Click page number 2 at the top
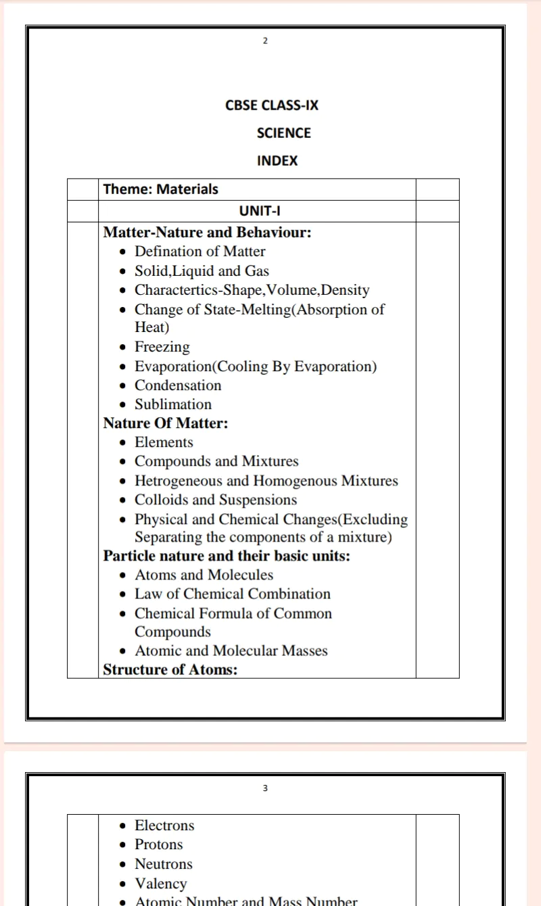(265, 41)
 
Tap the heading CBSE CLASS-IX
(272, 105)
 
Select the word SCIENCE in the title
(284, 133)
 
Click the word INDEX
(277, 161)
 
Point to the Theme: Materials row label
(161, 189)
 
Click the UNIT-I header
(260, 210)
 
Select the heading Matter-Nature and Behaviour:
(207, 233)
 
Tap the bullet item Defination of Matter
(199, 252)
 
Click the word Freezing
(162, 347)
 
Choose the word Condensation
(178, 385)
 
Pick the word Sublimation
(173, 404)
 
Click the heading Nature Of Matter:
(166, 423)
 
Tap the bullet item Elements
(164, 442)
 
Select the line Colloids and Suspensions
(216, 500)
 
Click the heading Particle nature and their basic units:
(227, 556)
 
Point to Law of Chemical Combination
(233, 594)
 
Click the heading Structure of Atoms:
(170, 670)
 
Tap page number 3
(265, 788)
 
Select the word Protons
(159, 844)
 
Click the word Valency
(161, 883)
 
